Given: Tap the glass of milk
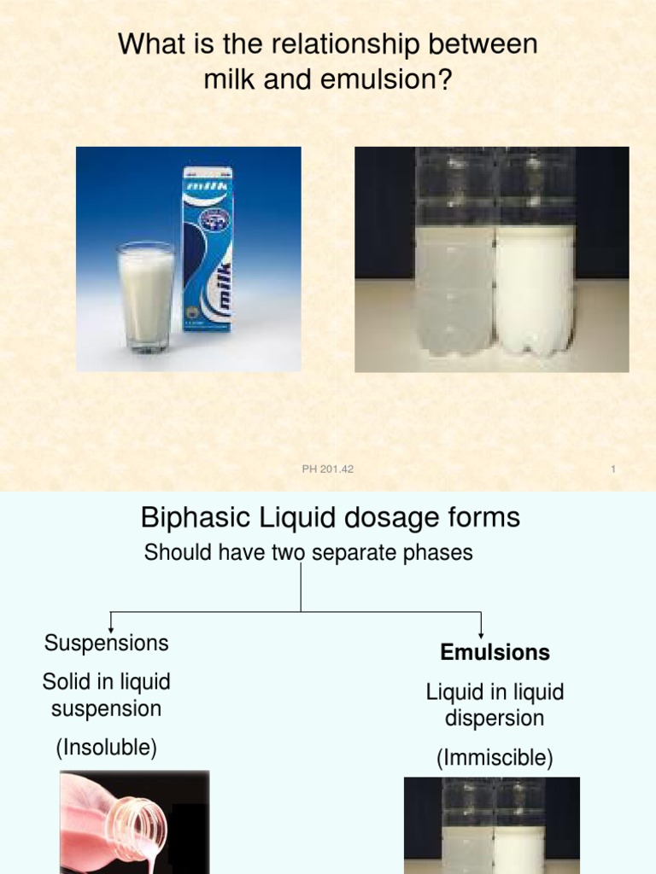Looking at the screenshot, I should click(146, 295).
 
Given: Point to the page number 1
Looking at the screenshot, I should click(613, 469).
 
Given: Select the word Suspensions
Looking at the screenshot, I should click(106, 643).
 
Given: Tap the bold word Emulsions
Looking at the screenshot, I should click(495, 653).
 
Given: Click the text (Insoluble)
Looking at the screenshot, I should click(107, 749).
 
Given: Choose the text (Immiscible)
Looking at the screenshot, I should click(495, 758).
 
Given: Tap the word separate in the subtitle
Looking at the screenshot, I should click(342, 553).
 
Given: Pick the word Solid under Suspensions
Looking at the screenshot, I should click(66, 682).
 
